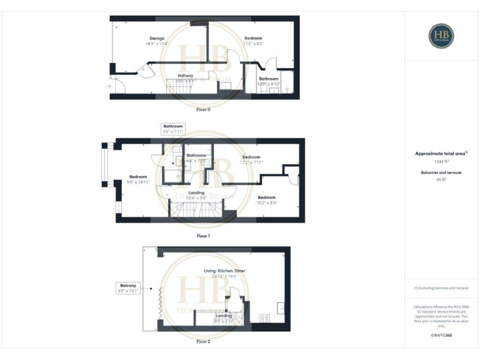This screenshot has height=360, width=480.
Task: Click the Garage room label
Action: [x=157, y=39]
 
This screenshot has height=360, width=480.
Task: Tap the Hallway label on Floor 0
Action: [x=186, y=76]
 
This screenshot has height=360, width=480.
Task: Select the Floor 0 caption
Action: [x=203, y=109]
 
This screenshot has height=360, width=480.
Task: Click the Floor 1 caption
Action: [x=203, y=236]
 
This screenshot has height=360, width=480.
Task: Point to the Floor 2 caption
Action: [x=203, y=342]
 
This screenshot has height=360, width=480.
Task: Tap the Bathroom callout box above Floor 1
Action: [x=173, y=129]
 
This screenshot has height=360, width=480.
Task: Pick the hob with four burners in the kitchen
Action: [x=265, y=317]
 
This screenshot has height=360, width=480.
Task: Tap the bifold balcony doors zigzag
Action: [x=160, y=302]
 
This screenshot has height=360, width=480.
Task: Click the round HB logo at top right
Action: [x=441, y=36]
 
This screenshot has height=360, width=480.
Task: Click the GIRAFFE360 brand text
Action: [x=441, y=336]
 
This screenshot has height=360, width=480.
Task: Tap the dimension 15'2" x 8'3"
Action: [x=266, y=202]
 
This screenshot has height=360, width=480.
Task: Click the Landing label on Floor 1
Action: [x=196, y=193]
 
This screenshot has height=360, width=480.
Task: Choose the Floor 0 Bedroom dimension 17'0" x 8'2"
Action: [x=254, y=44]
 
